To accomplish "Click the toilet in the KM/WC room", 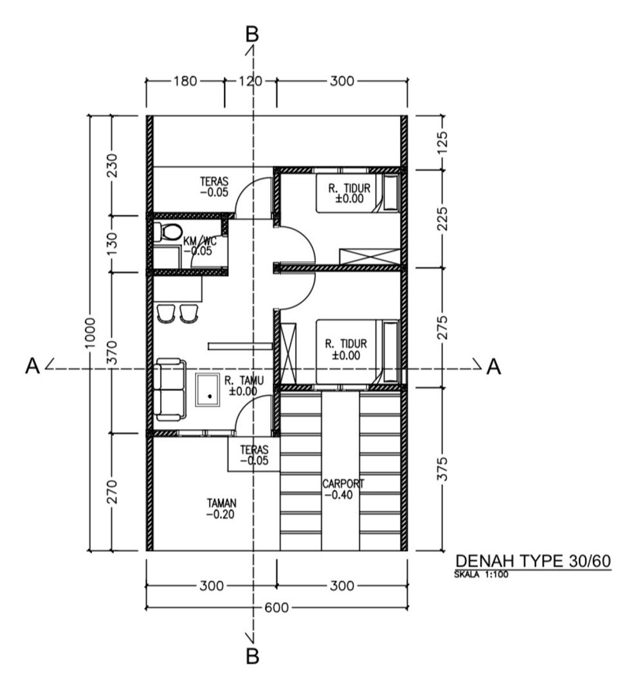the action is pos(167,232).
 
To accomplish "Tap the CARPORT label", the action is pos(343,484).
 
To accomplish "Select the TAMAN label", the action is pos(222,503).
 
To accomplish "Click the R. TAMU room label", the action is pos(244,380).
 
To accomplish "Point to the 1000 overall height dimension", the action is pos(89,333).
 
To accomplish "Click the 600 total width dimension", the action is pos(276,607).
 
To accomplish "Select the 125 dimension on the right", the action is pos(442,143).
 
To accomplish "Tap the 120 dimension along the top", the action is pos(250,80).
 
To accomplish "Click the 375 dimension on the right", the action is pos(442,469).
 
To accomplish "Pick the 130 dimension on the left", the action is pos(112,244).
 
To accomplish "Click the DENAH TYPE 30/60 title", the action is pos(533,561).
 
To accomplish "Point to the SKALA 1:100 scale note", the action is pos(481,574).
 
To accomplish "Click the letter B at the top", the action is pos(252,34).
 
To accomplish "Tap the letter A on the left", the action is pos(33,366).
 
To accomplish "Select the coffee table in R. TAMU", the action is pos(208,390).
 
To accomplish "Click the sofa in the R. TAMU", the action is pos(170,389).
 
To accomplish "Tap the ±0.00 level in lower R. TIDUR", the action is pos(346,355).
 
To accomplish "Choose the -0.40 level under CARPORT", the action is pos(339,495).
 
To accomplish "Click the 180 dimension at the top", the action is pos(185,80).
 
